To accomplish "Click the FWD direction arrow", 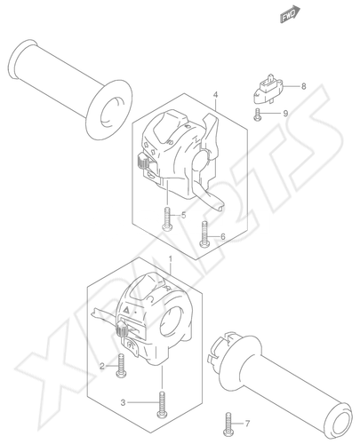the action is pyautogui.click(x=290, y=14).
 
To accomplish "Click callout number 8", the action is pyautogui.click(x=303, y=86).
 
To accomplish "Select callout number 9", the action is pyautogui.click(x=285, y=114).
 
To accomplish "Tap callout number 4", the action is pyautogui.click(x=215, y=95).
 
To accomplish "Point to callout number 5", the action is pyautogui.click(x=184, y=215).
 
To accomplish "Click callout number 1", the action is pyautogui.click(x=171, y=259).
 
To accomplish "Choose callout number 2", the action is pyautogui.click(x=102, y=367).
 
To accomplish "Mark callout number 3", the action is pyautogui.click(x=124, y=402).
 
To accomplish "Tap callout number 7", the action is pyautogui.click(x=247, y=424).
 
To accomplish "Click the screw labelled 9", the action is pyautogui.click(x=257, y=115).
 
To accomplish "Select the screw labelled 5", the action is pyautogui.click(x=167, y=218).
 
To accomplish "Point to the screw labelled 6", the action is pyautogui.click(x=204, y=234).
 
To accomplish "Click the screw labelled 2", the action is pyautogui.click(x=121, y=366).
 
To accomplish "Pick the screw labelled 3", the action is pyautogui.click(x=162, y=405).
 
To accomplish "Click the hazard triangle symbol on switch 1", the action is pyautogui.click(x=126, y=310).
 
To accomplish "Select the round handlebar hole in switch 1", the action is pyautogui.click(x=172, y=322).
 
